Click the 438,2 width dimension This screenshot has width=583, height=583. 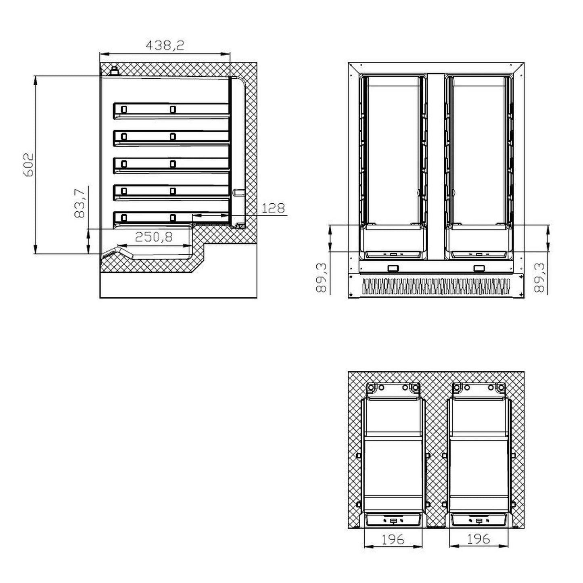point(165,45)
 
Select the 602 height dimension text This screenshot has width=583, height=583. point(28,165)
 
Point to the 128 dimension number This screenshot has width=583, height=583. point(273,208)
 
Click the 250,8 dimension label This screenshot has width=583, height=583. point(154,237)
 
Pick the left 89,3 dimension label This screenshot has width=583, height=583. point(321,278)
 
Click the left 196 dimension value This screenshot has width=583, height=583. point(393,539)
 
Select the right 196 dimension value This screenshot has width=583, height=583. point(479,539)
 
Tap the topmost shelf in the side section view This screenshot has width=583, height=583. point(171,111)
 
